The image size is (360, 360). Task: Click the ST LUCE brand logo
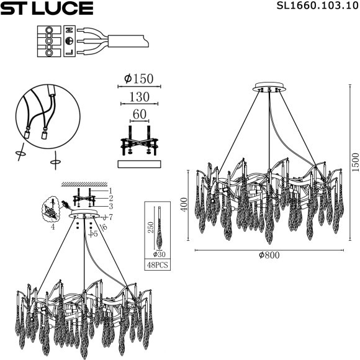click(47, 8)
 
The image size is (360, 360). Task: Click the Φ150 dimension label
click(138, 79)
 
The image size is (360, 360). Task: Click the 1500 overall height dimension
click(354, 163)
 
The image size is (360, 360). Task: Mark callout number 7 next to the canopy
click(109, 217)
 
